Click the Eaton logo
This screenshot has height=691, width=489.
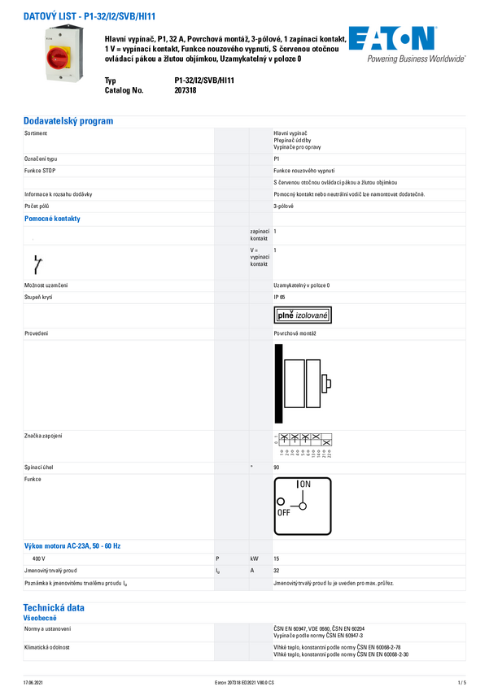point(391,39)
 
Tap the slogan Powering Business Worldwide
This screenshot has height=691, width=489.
point(416,59)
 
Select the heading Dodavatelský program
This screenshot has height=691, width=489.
point(68,121)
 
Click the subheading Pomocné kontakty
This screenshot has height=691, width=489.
point(51,219)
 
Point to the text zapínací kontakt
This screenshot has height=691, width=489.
point(260,235)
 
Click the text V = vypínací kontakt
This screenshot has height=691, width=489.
point(260,258)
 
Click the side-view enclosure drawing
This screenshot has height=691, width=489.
point(303,383)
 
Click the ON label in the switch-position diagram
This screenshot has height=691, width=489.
point(305,485)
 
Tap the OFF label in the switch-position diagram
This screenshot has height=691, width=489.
point(284,513)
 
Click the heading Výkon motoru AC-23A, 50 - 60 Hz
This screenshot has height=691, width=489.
point(78,545)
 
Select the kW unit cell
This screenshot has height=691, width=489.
point(255,558)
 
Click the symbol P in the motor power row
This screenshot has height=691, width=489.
point(217,558)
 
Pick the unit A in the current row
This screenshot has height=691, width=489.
point(253,571)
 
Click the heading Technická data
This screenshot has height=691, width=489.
point(54,607)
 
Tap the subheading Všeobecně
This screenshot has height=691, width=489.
point(40,618)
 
